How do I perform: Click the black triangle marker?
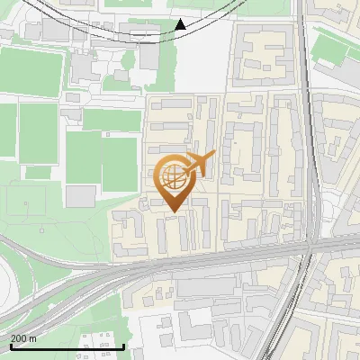click(181, 24)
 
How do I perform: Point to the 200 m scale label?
click(23, 337)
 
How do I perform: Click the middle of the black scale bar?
click(67, 346)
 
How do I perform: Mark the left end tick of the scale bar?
click(11, 346)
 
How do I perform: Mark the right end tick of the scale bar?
click(123, 346)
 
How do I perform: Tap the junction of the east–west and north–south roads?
click(309, 245)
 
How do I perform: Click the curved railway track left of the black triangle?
click(108, 31)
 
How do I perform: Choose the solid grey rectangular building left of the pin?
click(81, 195)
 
